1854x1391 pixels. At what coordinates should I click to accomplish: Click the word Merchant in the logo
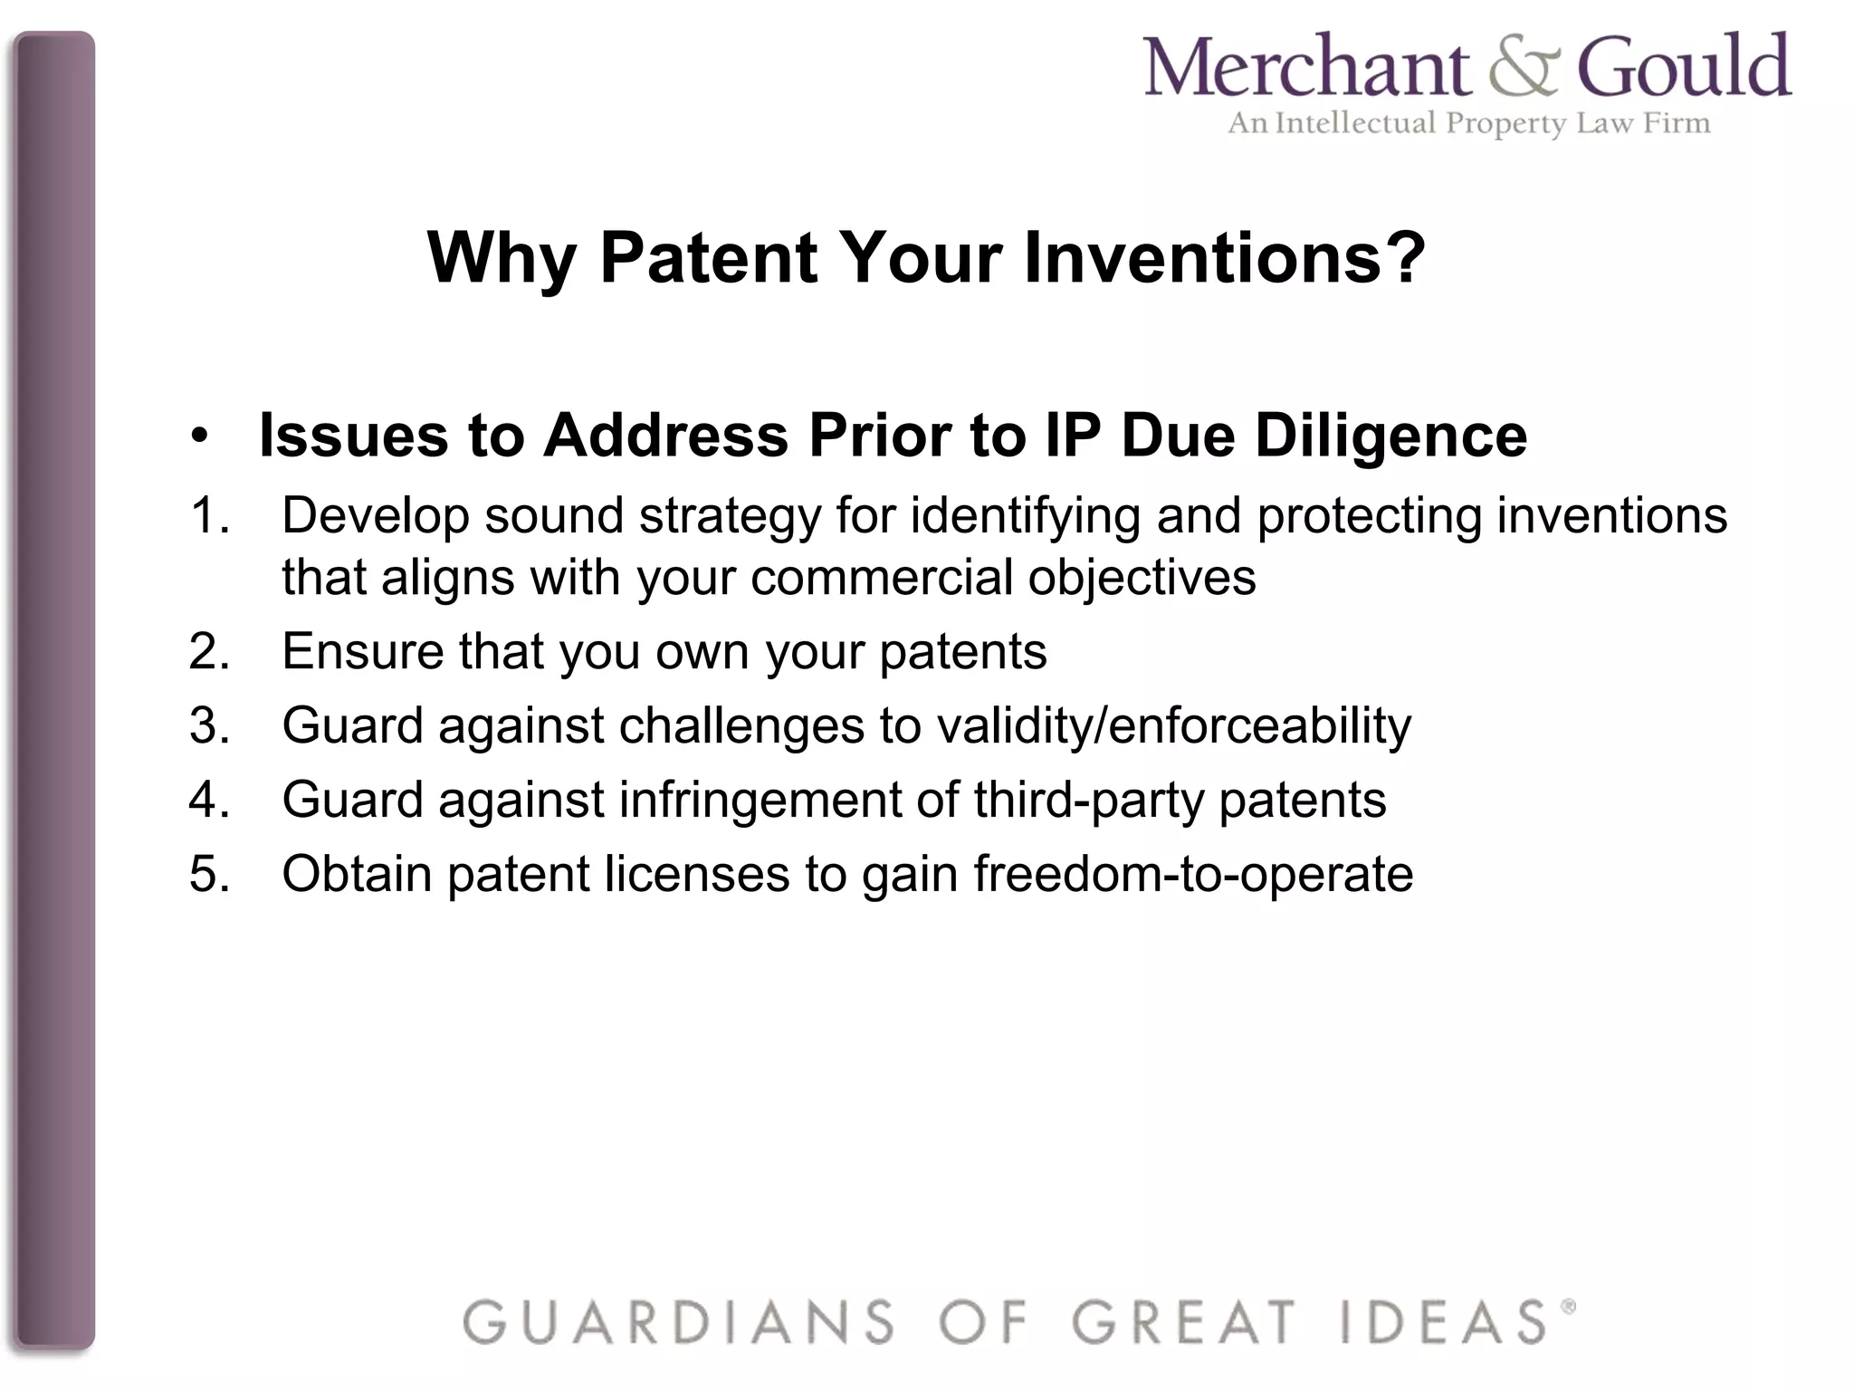pyautogui.click(x=1305, y=68)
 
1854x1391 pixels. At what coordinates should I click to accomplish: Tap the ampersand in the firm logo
pyautogui.click(x=1524, y=68)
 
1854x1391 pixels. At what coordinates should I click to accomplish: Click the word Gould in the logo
pyautogui.click(x=1684, y=68)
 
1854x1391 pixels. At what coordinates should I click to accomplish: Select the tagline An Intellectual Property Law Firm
pyautogui.click(x=1468, y=123)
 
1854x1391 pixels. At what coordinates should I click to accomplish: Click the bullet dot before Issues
pyautogui.click(x=200, y=438)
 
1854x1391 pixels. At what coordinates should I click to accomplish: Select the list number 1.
pyautogui.click(x=209, y=516)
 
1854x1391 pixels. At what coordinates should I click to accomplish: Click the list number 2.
pyautogui.click(x=209, y=652)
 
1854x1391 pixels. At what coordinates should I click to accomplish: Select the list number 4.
pyautogui.click(x=209, y=801)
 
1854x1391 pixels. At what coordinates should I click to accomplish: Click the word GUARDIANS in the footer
pyautogui.click(x=679, y=1322)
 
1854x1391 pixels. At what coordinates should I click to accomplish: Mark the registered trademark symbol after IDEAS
pyautogui.click(x=1568, y=1307)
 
